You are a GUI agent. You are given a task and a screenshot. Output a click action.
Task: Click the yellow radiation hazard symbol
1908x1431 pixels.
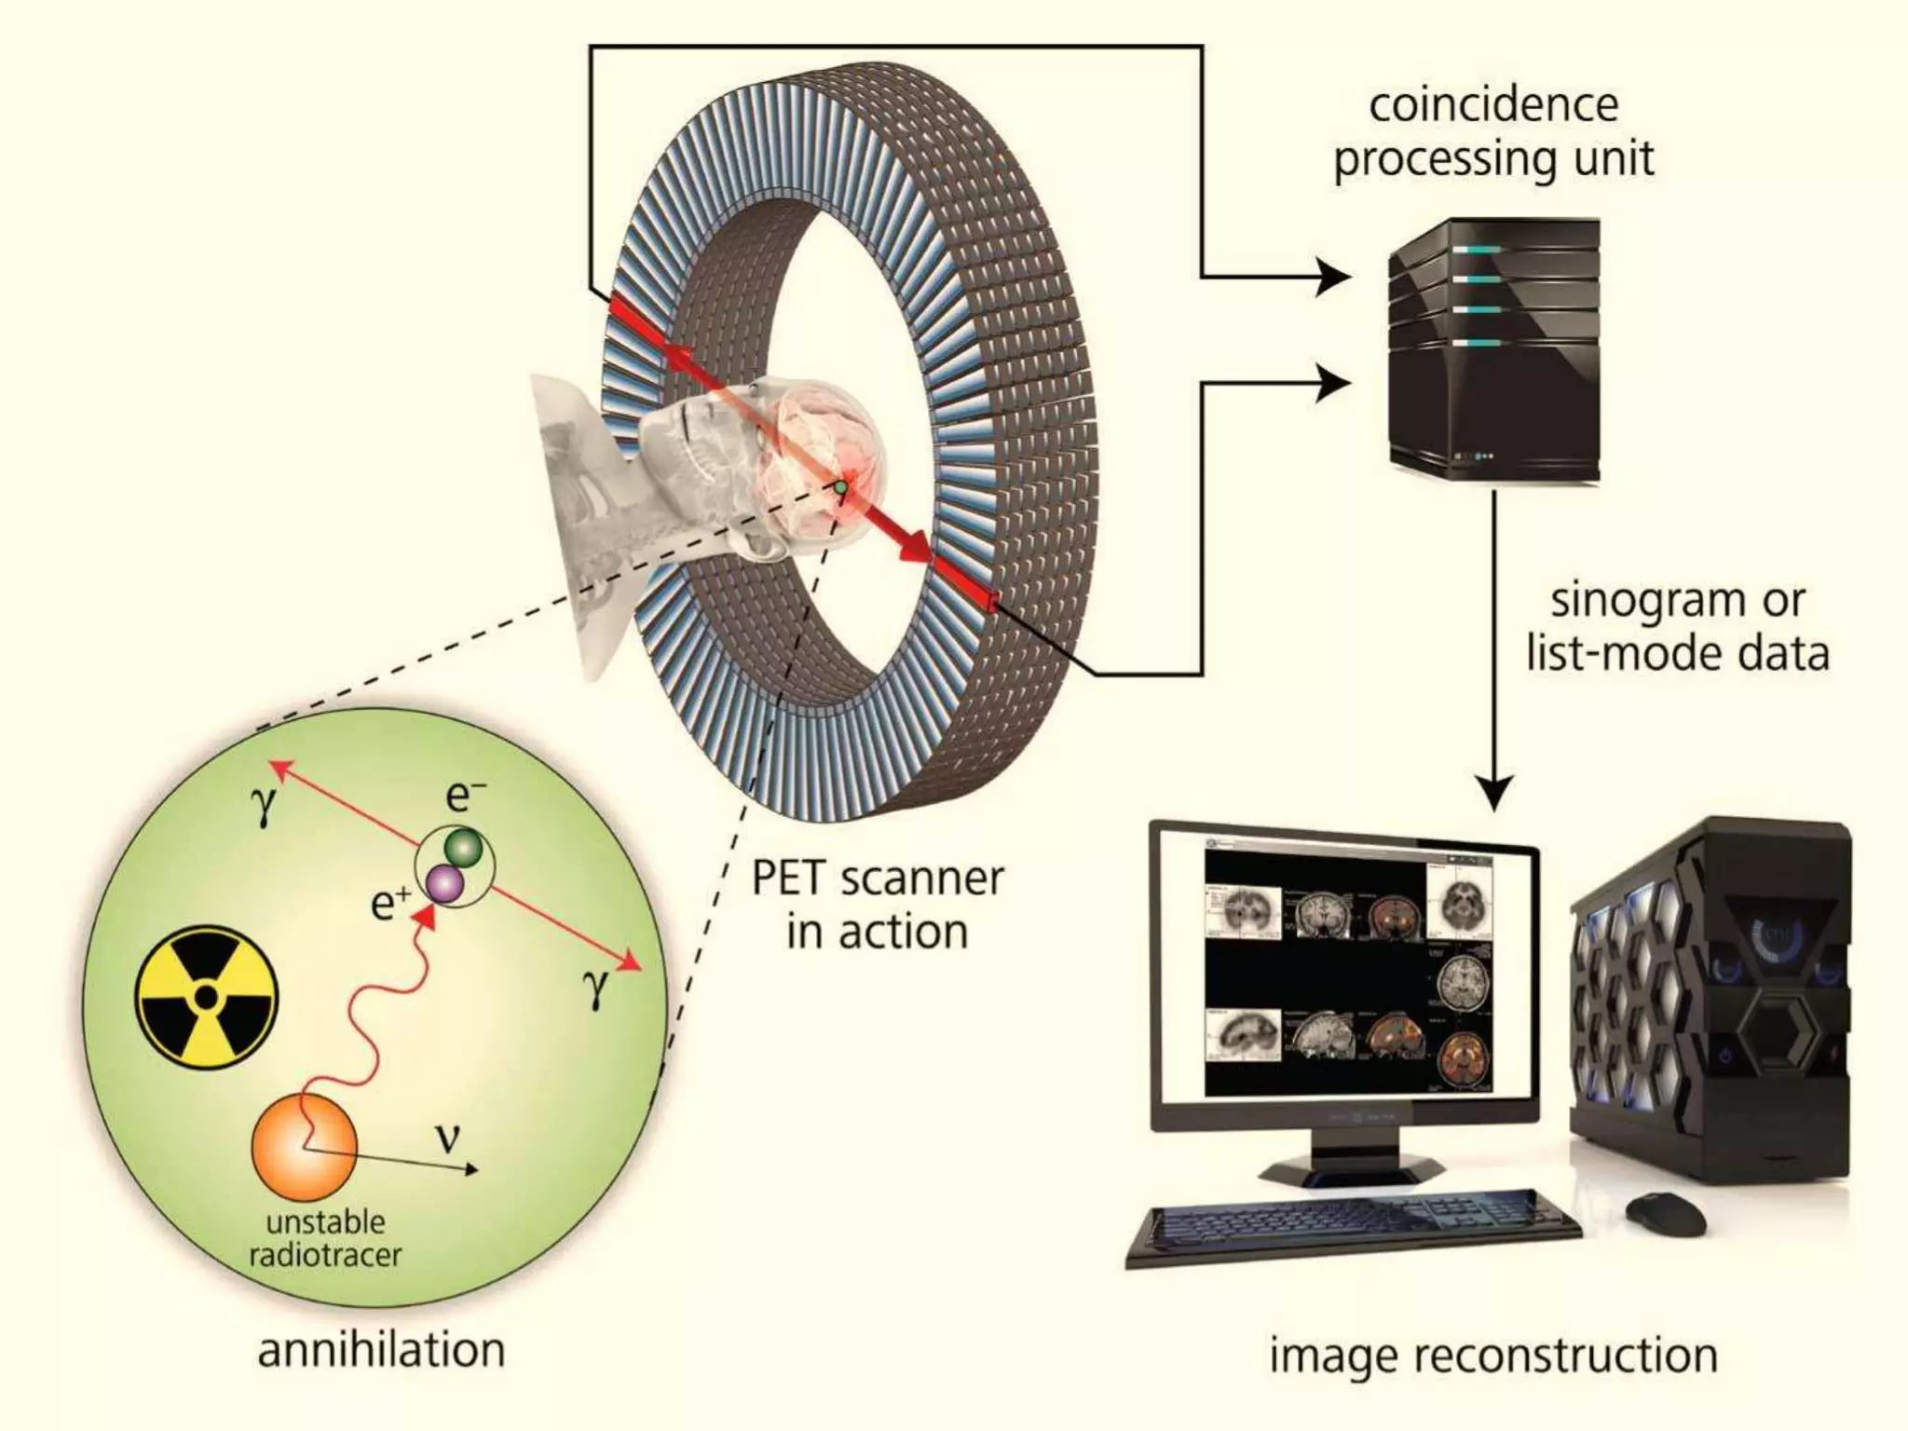click(x=206, y=998)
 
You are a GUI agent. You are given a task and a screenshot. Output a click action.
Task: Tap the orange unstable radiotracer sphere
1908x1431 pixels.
click(x=304, y=1147)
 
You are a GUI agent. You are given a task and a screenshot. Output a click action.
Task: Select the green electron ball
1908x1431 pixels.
click(x=464, y=847)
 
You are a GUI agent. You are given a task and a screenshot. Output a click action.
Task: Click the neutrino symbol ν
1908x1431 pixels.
click(x=448, y=1138)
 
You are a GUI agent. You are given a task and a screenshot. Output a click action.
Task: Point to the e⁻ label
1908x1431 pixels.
click(x=465, y=797)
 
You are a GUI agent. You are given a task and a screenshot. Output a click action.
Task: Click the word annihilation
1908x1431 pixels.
click(x=381, y=1350)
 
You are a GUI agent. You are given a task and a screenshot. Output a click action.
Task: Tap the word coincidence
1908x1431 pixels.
click(x=1493, y=104)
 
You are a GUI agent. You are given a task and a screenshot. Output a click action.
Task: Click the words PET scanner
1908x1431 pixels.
click(x=877, y=878)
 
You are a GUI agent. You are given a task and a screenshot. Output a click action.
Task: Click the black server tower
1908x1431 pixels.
click(x=1493, y=349)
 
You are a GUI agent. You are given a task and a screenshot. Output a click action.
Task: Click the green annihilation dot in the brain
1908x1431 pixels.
click(x=840, y=486)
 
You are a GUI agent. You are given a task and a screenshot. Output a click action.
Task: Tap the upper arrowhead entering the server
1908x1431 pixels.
click(x=1334, y=277)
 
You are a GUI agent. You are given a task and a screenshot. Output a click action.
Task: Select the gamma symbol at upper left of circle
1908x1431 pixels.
click(x=264, y=806)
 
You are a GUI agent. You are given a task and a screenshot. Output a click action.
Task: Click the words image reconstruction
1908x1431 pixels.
click(x=1493, y=1356)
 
